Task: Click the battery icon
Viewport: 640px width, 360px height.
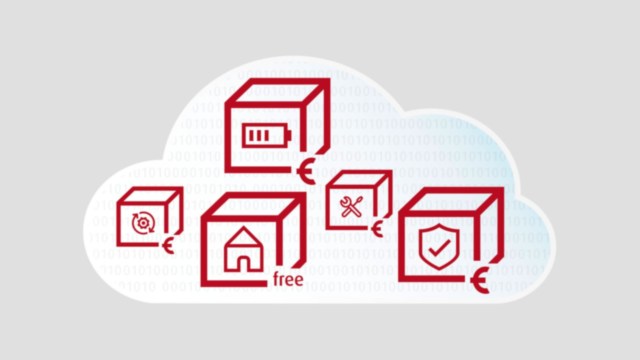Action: point(263,135)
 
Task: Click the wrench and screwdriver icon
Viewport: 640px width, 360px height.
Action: point(351,207)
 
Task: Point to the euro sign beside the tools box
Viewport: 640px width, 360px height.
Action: point(377,229)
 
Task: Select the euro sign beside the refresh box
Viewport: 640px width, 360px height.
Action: point(169,243)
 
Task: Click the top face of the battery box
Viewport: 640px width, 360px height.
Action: point(277,93)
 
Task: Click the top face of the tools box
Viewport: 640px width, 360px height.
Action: point(359,180)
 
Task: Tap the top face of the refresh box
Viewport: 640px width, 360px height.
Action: point(150,195)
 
